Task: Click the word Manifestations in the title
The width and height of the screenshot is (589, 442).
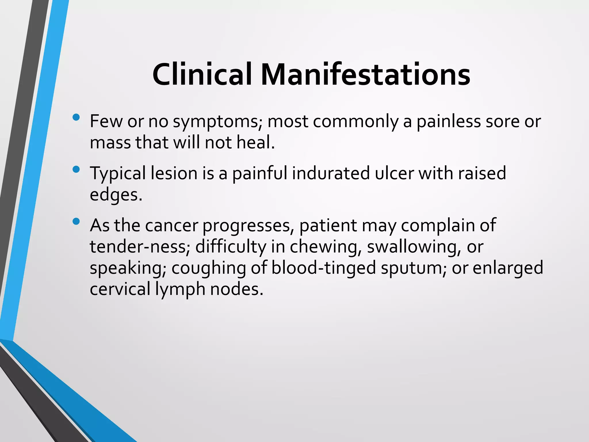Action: tap(365, 75)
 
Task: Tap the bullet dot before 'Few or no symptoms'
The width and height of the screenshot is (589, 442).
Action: tap(76, 117)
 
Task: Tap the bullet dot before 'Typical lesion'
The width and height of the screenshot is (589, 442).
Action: tap(76, 169)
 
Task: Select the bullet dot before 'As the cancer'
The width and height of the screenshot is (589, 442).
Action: tap(76, 221)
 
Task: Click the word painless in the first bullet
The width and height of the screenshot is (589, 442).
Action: tap(448, 122)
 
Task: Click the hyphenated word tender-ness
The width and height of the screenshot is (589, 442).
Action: tap(140, 247)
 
